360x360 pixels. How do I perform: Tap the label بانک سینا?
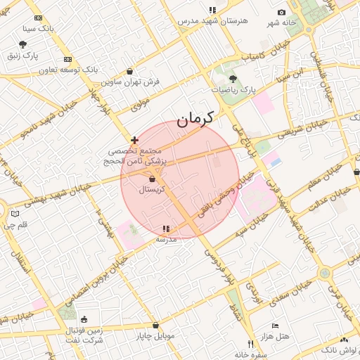tap(39, 29)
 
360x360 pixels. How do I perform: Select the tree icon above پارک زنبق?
tap(22, 44)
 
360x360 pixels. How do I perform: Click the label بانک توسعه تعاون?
tap(48, 70)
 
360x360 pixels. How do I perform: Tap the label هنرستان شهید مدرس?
tap(212, 20)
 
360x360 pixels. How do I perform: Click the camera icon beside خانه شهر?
tap(282, 13)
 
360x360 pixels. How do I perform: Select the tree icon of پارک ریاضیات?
tap(233, 79)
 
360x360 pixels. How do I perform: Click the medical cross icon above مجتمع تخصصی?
tap(134, 140)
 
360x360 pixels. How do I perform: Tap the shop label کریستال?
tap(153, 189)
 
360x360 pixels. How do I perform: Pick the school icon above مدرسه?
tap(166, 229)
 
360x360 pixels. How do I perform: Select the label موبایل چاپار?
tap(156, 335)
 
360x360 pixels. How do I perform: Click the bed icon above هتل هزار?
tap(275, 326)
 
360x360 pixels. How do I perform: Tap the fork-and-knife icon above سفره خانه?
tap(251, 344)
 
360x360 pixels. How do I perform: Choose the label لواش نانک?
tap(338, 349)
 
